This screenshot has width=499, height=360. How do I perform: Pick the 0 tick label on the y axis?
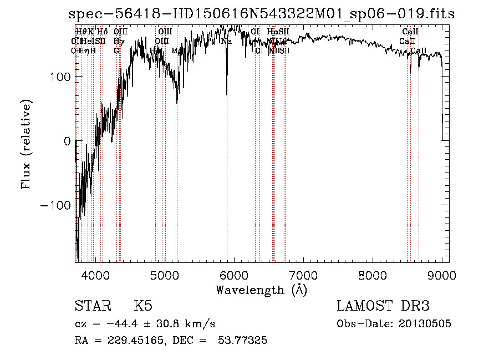click(x=67, y=141)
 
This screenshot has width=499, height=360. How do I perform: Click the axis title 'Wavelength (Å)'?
click(x=261, y=290)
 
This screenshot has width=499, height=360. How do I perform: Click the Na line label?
click(x=226, y=42)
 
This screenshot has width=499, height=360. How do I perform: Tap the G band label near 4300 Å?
click(x=117, y=50)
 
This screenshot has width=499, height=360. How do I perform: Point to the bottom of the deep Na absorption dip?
click(x=227, y=94)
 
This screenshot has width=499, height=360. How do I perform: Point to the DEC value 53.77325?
click(x=244, y=341)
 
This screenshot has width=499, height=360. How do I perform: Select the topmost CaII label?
click(x=410, y=32)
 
